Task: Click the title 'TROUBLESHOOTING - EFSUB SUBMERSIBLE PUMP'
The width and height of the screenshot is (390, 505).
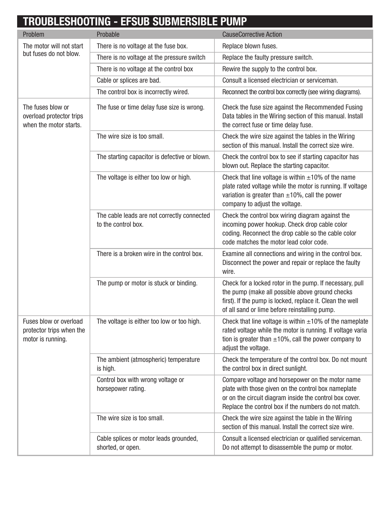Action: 135,22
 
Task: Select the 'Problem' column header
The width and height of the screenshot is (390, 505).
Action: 33,34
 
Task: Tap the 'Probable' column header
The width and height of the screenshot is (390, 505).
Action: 108,34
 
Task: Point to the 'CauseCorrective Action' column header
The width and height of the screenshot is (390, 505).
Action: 252,34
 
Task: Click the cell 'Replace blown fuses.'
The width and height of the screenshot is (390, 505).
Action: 250,46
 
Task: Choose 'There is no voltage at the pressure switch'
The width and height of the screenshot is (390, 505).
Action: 151,58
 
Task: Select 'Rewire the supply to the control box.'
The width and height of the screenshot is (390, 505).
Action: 269,69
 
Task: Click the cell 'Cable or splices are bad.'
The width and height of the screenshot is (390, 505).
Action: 128,80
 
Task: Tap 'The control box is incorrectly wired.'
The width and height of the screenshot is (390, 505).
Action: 143,92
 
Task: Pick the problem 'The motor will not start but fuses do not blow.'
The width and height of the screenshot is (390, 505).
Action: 53,50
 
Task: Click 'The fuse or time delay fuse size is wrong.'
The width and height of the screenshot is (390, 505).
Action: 150,107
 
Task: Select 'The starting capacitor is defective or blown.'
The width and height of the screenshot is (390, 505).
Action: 153,157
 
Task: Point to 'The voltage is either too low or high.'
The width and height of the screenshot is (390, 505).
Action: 144,177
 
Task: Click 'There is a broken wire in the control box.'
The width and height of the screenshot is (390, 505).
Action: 150,254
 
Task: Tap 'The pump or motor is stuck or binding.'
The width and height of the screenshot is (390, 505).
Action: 147,283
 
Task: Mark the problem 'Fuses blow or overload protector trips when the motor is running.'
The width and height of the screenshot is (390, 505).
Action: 54,330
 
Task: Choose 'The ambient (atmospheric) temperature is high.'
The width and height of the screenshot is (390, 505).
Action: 148,364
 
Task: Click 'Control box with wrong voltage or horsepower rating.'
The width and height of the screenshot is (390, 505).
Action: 140,384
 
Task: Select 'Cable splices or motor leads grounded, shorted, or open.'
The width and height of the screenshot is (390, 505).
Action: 147,443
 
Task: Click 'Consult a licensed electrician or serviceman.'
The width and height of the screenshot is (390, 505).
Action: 280,80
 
